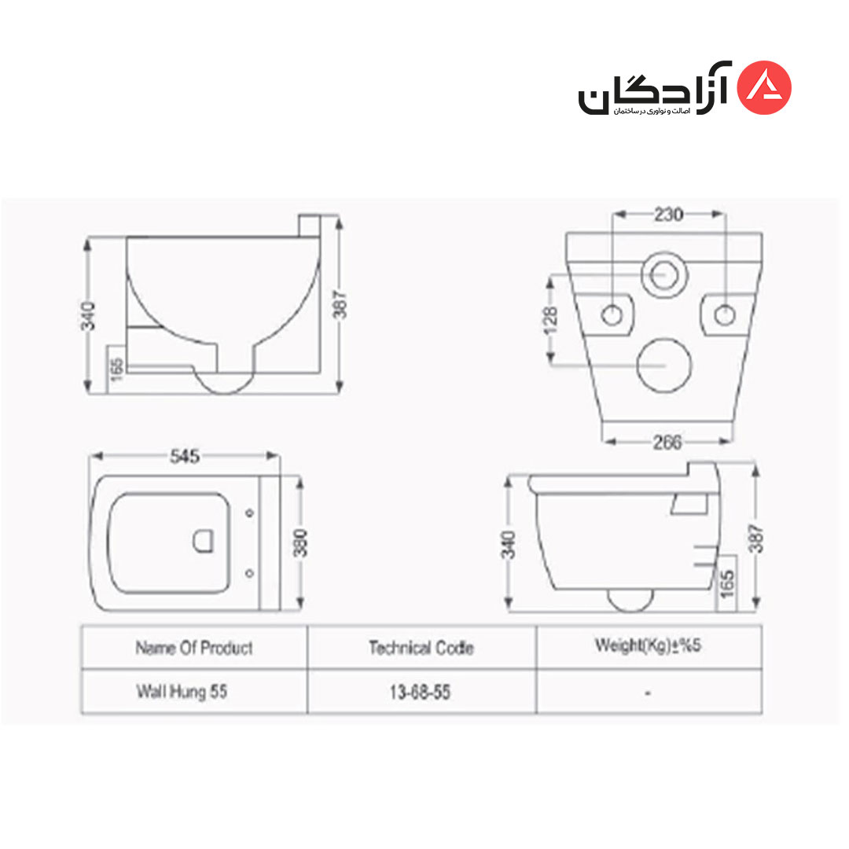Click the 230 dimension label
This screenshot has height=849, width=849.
pyautogui.click(x=668, y=215)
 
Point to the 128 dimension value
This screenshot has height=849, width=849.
pyautogui.click(x=549, y=320)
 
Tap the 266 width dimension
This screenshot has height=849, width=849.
pyautogui.click(x=667, y=443)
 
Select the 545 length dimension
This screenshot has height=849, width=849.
pyautogui.click(x=185, y=457)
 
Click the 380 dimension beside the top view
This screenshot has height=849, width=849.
pyautogui.click(x=300, y=543)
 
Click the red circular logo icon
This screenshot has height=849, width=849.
pyautogui.click(x=765, y=88)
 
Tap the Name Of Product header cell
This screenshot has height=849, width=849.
pyautogui.click(x=194, y=648)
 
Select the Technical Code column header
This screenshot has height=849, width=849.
pyautogui.click(x=421, y=648)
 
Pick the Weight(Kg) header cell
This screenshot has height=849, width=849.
pyautogui.click(x=648, y=645)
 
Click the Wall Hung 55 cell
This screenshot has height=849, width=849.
pyautogui.click(x=182, y=692)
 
